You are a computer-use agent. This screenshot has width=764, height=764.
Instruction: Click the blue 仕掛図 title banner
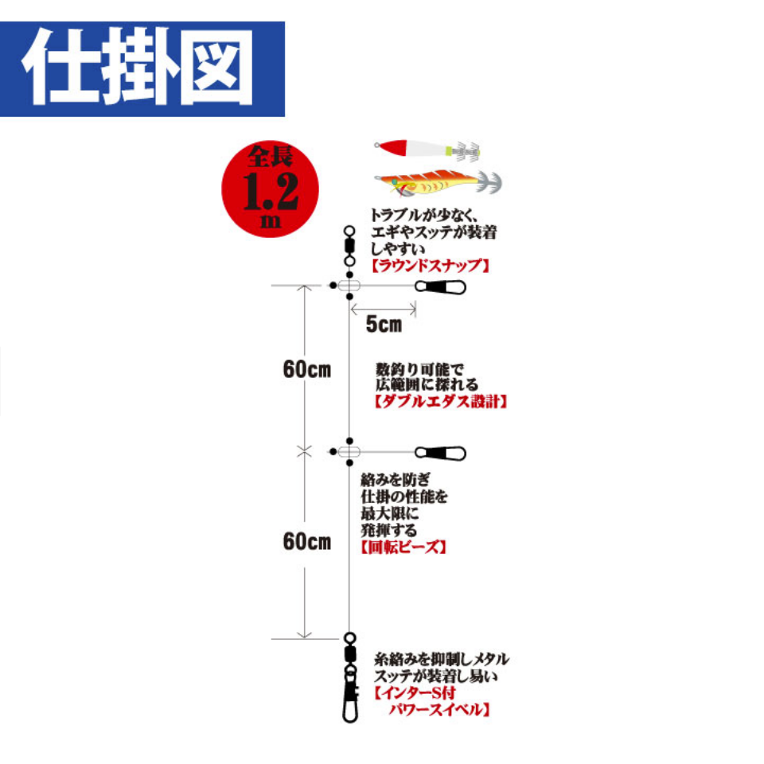point(142,68)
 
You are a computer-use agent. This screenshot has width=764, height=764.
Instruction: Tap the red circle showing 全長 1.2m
point(270,189)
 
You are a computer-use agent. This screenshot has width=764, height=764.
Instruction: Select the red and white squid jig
point(427,149)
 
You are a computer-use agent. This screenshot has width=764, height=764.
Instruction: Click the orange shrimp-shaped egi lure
point(438,183)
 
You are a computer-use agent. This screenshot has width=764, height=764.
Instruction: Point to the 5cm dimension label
point(384,325)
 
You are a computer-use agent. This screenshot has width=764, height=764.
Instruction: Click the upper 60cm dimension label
point(307,370)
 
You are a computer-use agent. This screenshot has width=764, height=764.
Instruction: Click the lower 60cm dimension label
point(307,541)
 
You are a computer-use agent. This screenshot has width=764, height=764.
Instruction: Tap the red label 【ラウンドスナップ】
point(430,266)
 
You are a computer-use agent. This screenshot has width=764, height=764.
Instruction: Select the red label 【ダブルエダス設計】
point(441,401)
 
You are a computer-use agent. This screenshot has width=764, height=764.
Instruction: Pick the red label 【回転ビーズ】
point(403,547)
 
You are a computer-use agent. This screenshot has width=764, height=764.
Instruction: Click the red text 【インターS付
point(415,692)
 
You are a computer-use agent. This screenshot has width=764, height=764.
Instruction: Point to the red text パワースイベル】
point(439,709)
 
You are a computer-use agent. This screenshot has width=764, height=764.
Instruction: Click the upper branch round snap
point(440,287)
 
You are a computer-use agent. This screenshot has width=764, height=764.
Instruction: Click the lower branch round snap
point(440,453)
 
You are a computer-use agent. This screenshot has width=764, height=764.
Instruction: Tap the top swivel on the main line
point(349,246)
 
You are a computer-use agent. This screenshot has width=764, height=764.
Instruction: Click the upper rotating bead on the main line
point(349,286)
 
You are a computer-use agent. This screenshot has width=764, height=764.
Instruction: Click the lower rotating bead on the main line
point(349,452)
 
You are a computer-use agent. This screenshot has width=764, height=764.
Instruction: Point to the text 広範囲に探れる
point(427,384)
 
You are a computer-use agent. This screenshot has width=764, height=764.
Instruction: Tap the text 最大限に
point(389,513)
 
